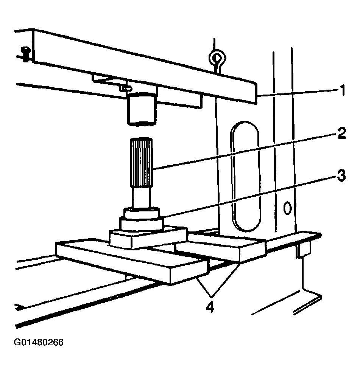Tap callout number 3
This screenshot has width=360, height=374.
(x=341, y=175)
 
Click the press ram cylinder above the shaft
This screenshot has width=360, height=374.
(x=141, y=110)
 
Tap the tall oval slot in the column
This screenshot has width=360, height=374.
(x=246, y=176)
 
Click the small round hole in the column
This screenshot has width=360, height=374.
(x=287, y=207)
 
